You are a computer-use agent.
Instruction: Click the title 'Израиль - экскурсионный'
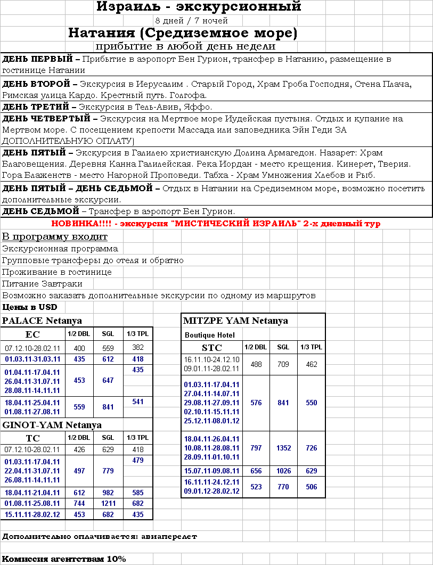199,7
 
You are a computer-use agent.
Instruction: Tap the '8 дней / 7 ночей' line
191,21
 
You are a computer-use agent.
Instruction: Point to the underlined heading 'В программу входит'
55,236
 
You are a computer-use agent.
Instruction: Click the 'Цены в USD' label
30,307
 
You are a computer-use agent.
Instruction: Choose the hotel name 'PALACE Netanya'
42,321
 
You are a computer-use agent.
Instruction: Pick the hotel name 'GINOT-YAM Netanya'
52,425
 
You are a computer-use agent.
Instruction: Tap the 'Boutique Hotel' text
209,335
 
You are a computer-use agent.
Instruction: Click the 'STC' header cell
211,348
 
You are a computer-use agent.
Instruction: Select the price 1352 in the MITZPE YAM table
283,448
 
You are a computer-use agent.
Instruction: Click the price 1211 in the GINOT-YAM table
108,503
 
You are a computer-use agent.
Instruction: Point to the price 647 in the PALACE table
108,381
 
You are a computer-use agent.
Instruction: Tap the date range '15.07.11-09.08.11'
211,471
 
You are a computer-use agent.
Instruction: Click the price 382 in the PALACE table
138,348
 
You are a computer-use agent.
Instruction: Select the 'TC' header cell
32,438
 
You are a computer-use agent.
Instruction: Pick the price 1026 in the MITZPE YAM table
283,471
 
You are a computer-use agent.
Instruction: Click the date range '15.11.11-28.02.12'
32,514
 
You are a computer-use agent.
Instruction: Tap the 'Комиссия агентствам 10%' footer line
64,559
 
